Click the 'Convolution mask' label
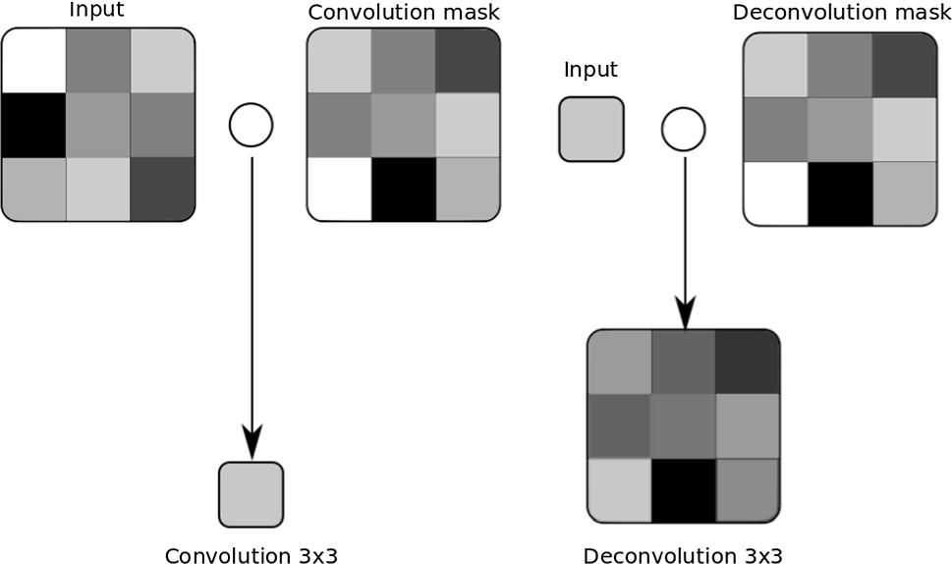[x=404, y=13]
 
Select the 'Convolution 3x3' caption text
[x=251, y=555]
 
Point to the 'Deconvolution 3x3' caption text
[x=683, y=555]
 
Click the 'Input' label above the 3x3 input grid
[x=96, y=11]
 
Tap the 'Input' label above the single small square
[x=590, y=70]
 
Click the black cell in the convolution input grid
[x=33, y=125]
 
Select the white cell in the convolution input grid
[x=33, y=60]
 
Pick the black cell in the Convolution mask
[x=403, y=189]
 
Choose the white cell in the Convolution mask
[x=339, y=189]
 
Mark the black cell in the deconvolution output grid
[x=683, y=488]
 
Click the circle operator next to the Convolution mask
[x=251, y=125]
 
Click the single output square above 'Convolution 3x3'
[x=251, y=494]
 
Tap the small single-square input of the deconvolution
[x=590, y=129]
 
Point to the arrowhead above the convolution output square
[x=251, y=445]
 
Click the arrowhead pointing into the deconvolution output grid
[x=684, y=312]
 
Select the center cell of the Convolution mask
[x=403, y=125]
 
